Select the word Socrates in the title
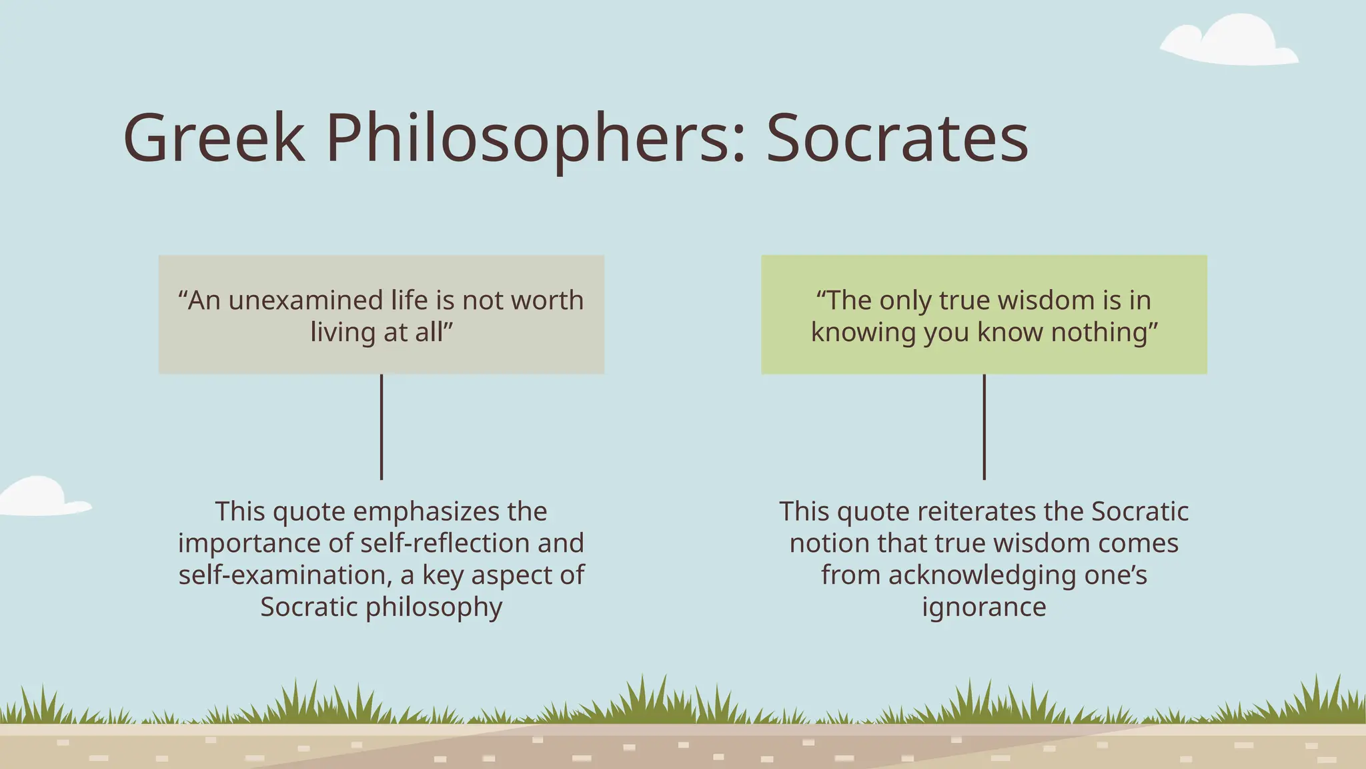click(897, 138)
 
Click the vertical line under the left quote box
click(382, 427)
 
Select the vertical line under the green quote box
click(984, 427)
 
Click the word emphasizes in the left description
click(427, 512)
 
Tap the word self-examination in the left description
click(285, 575)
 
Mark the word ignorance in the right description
click(984, 607)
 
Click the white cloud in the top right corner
click(1231, 41)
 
